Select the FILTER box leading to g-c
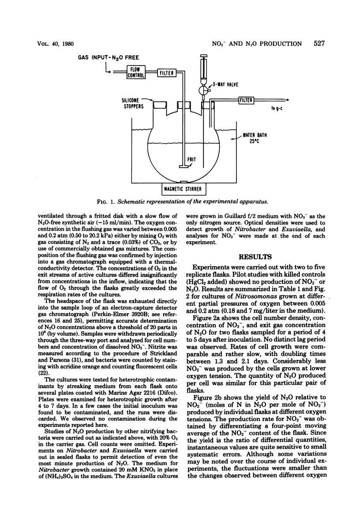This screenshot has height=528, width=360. pyautogui.click(x=246, y=100)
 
